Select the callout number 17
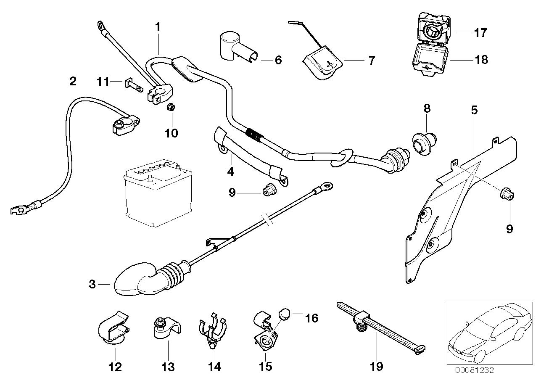point(480,33)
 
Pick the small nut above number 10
point(171,107)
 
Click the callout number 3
point(92,284)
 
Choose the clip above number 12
point(113,327)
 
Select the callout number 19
point(377,366)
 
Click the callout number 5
point(474,110)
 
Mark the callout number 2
point(73,81)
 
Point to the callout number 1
point(158,27)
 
